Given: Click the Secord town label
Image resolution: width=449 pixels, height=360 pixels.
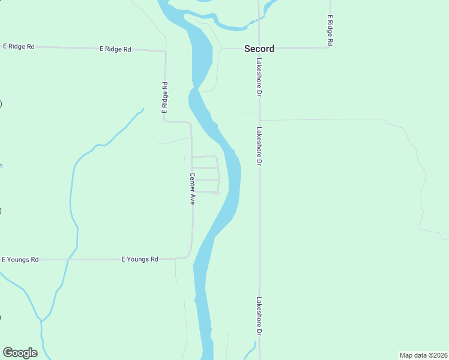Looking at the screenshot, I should coord(259,49).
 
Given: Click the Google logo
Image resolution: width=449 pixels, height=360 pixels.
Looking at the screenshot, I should coord(20,353).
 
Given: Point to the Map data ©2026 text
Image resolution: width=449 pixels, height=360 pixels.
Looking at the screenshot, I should coord(423,355).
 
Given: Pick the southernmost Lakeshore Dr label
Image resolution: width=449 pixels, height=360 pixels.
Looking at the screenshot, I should coord(260,316).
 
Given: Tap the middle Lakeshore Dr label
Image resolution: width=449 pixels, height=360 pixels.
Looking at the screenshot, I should coord(260,146).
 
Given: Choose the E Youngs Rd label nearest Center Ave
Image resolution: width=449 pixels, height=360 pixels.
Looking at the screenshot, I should coord(140,259).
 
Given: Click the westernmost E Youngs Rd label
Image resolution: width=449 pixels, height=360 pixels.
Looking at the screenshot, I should coord(20,260).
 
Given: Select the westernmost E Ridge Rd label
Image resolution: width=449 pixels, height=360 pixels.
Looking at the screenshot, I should coord(19,46).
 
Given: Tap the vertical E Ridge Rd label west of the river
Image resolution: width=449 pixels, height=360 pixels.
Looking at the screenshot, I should coord(164,98).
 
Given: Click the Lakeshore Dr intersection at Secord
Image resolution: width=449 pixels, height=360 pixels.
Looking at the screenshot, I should coord(259,48).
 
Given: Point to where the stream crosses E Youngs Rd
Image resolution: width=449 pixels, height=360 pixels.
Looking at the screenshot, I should coord(69,259).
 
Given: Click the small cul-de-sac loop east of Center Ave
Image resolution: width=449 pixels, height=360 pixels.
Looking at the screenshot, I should coord(216,192).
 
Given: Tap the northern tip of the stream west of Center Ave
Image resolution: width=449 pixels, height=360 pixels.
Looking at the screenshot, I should coord(143,109).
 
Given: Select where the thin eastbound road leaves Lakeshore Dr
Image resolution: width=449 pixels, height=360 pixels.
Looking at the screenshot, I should coord(259,120).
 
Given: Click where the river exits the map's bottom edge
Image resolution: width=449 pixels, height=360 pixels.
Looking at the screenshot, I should coord(206,358).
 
